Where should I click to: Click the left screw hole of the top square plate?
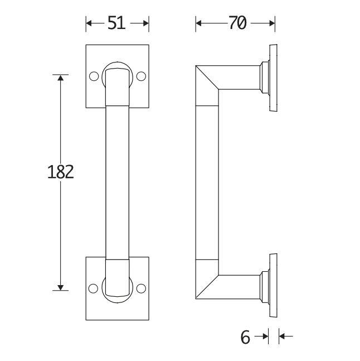[x=94, y=75]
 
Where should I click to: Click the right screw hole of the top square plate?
[x=141, y=75]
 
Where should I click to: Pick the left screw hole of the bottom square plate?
[x=94, y=288]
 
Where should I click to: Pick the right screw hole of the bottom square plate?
[x=141, y=288]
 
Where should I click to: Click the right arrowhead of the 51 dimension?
[x=145, y=23]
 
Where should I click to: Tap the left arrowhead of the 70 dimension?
[x=199, y=23]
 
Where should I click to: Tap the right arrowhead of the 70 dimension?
[x=272, y=23]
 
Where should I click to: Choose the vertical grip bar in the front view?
[x=118, y=181]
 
